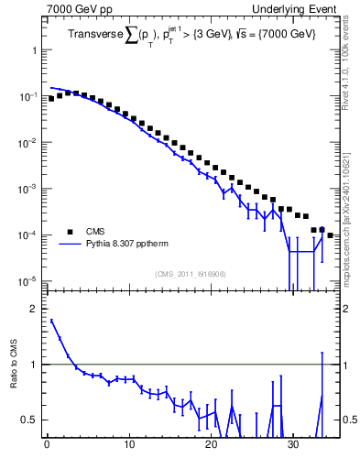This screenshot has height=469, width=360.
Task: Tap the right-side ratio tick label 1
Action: click(x=346, y=365)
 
